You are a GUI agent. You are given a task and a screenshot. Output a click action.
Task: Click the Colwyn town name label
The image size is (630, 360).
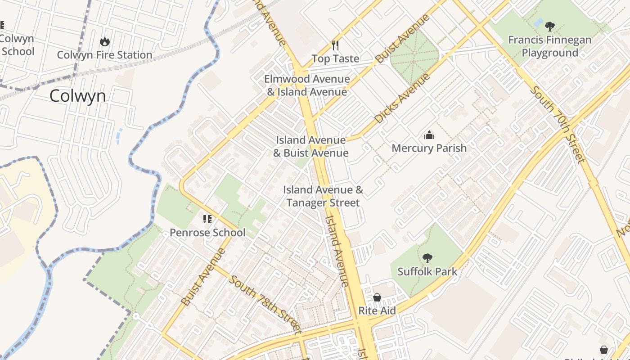tap(77, 96)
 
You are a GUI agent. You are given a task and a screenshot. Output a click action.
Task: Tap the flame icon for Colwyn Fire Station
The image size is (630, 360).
tap(105, 42)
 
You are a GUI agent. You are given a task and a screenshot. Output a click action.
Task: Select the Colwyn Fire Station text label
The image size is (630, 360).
tap(104, 55)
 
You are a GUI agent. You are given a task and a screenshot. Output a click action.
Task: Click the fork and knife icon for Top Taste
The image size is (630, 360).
tap(335, 45)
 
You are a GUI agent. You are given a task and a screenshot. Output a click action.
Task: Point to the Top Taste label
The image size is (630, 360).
tap(336, 58)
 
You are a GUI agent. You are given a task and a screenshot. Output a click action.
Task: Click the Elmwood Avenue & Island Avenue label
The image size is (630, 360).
tap(307, 85)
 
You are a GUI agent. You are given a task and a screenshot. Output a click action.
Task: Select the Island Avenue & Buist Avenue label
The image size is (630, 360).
tap(311, 146)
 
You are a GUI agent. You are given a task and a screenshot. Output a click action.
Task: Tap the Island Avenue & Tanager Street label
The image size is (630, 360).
tap(323, 196)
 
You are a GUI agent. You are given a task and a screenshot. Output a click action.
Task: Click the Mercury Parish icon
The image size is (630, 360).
tap(429, 135)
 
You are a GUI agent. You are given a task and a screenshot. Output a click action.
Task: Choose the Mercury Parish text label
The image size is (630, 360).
tap(429, 148)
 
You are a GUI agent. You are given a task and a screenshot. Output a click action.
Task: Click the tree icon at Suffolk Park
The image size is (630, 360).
tap(427, 258)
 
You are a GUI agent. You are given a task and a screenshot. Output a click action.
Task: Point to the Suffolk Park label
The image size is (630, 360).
tap(427, 272)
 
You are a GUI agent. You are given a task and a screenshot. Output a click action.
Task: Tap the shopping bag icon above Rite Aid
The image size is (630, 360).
tap(377, 297)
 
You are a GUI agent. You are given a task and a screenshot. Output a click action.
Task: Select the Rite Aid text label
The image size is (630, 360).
tap(377, 310)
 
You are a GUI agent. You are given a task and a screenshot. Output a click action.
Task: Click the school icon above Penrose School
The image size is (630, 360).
tap(207, 219)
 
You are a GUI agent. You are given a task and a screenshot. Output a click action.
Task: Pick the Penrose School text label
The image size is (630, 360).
tap(207, 233)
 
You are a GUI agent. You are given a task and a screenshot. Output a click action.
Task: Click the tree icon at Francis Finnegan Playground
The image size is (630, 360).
tap(549, 26)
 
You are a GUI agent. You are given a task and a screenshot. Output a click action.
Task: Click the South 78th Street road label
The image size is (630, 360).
tap(265, 304)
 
